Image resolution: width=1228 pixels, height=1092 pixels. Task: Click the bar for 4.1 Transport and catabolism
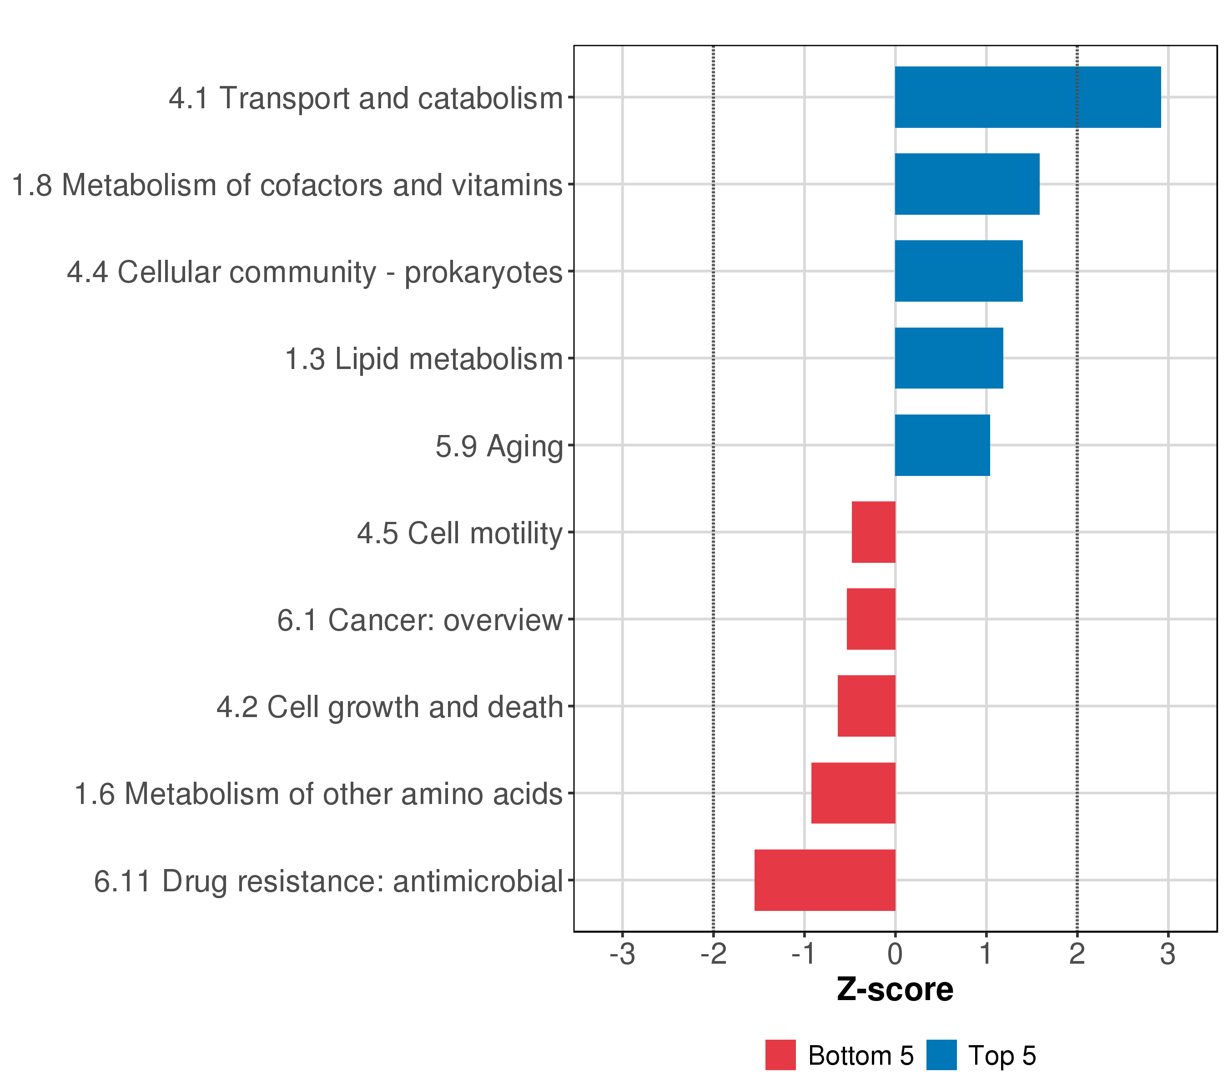coord(1027,97)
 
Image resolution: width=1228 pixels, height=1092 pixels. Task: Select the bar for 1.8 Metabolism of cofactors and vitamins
coord(966,184)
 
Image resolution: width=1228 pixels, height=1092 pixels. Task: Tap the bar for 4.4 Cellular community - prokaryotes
coord(958,271)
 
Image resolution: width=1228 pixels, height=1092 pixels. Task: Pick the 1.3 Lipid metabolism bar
coord(949,358)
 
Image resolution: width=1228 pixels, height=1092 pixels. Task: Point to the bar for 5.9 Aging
coord(942,445)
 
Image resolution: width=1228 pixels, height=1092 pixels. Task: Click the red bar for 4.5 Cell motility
coord(874,532)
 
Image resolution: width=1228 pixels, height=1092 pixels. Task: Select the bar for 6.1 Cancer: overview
coord(871,619)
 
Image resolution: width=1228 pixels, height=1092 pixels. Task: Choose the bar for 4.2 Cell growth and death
coord(866,706)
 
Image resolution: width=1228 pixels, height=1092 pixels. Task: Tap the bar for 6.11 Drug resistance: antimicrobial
coord(825,880)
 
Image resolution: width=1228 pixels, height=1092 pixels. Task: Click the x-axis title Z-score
coord(895,990)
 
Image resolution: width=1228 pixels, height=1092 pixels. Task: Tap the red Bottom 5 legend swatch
coord(780,1055)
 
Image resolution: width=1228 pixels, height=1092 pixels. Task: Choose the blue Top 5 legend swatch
coord(941,1055)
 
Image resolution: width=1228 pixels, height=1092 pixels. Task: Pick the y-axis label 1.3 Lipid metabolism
coord(423,359)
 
